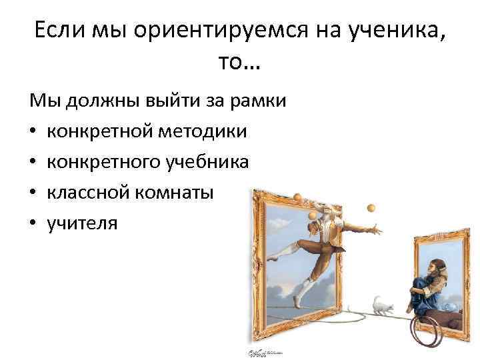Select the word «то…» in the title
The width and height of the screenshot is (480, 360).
[240, 64]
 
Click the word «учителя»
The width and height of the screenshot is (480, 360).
[82, 223]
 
